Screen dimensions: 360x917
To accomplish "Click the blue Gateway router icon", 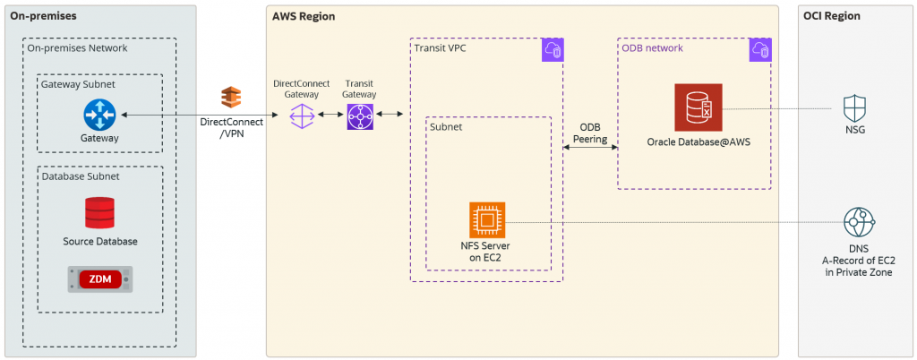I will [99, 115].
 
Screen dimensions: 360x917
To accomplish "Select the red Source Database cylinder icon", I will [99, 212].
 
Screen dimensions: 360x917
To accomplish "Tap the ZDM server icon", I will [99, 279].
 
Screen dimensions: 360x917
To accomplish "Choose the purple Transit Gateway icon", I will [359, 116].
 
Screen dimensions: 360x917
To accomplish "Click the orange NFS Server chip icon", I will [487, 219].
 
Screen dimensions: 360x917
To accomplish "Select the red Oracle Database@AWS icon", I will [698, 108].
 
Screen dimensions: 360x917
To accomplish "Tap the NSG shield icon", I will [856, 109].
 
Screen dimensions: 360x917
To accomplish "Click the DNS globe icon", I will [859, 221].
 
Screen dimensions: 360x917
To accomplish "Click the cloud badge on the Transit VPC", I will [553, 50].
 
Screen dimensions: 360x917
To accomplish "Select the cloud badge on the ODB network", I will [760, 50].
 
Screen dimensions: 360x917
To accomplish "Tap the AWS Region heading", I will [304, 16].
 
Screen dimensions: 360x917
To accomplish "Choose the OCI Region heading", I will [833, 16].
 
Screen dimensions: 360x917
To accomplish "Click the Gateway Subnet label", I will [78, 83].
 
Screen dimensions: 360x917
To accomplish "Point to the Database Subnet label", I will [81, 176].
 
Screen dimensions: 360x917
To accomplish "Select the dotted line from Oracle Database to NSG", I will [779, 109].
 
